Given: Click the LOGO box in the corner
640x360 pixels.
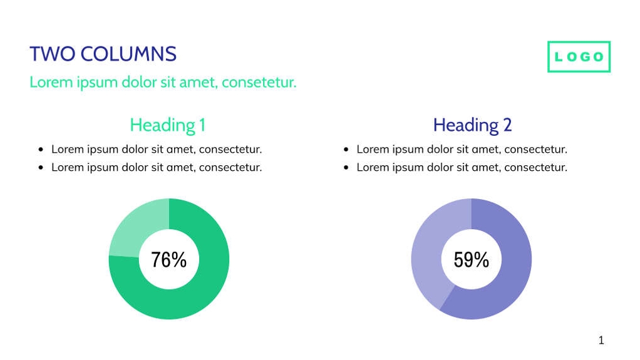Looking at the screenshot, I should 579,57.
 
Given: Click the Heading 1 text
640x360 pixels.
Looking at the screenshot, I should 167,125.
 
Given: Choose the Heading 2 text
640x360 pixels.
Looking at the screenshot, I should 472,125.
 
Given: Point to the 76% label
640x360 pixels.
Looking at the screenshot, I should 169,259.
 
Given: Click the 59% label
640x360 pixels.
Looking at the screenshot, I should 472,259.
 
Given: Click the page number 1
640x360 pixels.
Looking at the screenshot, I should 601,341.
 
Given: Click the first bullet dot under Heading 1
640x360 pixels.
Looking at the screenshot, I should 41,150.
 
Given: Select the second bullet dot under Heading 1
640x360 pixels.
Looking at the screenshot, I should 41,168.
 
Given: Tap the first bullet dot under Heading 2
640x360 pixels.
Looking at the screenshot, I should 346,150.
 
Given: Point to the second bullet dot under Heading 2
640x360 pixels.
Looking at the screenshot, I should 346,168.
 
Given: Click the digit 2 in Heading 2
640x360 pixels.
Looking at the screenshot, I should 507,125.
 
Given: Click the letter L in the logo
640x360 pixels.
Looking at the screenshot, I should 559,57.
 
